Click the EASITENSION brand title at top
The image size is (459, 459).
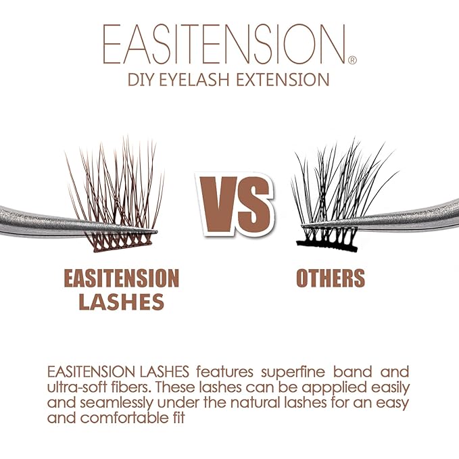[225, 45]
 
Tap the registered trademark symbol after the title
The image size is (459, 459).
[352, 60]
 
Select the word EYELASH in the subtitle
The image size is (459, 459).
[202, 80]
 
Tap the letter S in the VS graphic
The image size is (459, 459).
[254, 199]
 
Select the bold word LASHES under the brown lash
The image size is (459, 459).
[121, 302]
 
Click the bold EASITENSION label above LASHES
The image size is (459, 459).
[121, 279]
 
